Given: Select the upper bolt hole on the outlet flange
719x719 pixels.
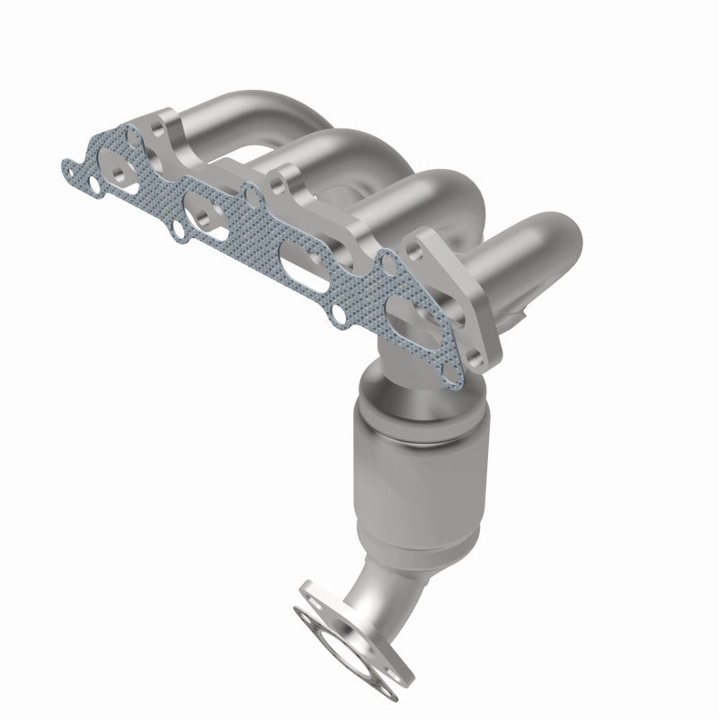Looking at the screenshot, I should click(309, 595).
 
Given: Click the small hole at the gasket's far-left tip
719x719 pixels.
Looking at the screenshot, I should click(67, 166).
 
